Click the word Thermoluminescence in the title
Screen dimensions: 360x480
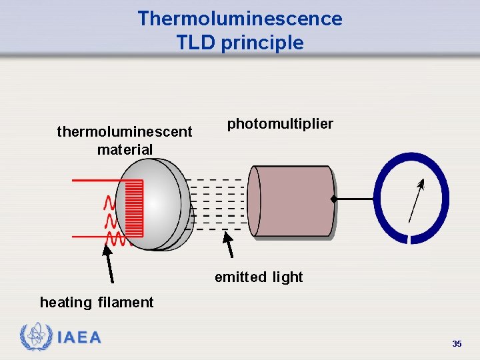(239, 18)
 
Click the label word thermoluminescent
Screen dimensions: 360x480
(125, 132)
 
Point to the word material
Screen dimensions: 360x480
(125, 149)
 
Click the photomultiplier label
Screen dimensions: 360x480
(280, 124)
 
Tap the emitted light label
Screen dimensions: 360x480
(259, 277)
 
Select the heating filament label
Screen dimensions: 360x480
(97, 303)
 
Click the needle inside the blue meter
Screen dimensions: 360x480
(415, 201)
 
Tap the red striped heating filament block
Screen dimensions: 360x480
(134, 209)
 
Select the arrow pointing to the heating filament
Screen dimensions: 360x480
(108, 264)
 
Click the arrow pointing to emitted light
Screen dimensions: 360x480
(229, 244)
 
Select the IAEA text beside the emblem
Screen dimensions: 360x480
(79, 338)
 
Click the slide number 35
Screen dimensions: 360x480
(457, 344)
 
